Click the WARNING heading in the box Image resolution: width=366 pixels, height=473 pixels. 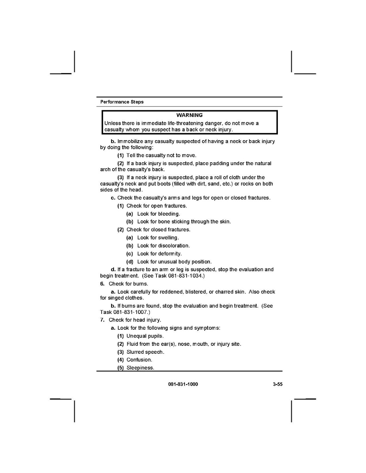click(x=189, y=115)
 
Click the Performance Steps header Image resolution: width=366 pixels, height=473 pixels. click(x=122, y=102)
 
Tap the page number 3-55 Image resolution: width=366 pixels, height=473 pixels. click(x=277, y=384)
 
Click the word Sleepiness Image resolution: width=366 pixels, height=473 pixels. click(x=140, y=368)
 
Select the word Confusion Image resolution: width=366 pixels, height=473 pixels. click(x=139, y=360)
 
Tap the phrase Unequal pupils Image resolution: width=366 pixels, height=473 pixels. click(x=145, y=336)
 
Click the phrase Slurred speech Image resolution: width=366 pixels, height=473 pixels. click(x=145, y=352)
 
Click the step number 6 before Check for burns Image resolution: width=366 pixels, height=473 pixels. click(x=102, y=284)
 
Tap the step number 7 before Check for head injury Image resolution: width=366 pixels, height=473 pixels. click(x=102, y=320)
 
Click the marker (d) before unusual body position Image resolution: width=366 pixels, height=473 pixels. click(x=130, y=261)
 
